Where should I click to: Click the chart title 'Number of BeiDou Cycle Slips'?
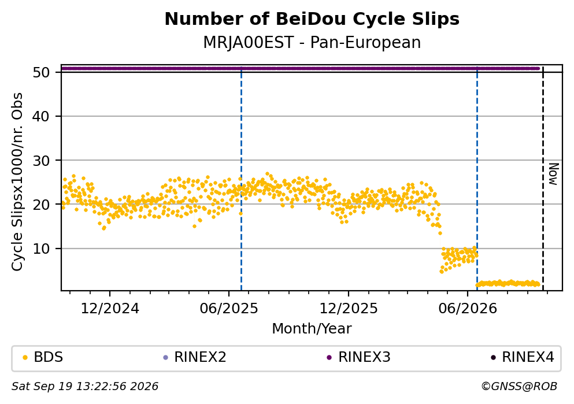pos(312,19)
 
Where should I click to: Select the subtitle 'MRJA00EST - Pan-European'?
pos(312,42)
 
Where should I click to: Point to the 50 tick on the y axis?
pos(41,72)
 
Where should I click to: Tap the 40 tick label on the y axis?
pos(41,116)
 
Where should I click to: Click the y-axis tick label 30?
pos(41,160)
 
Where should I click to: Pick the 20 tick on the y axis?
pos(41,204)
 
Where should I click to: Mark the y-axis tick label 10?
pos(41,249)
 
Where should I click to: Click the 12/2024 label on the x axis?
pos(110,309)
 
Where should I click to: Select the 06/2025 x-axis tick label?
pos(229,309)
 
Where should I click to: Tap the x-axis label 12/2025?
pos(349,309)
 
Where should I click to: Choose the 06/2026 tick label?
pos(468,309)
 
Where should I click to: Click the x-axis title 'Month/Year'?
pos(312,329)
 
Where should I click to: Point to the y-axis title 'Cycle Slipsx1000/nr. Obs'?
pos(17,182)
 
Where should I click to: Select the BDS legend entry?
pos(43,357)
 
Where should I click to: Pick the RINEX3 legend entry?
pos(359,357)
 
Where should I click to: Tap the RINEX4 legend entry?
pos(523,357)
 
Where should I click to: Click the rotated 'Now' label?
pos(554,174)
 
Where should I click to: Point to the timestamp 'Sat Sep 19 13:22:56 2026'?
pos(85,387)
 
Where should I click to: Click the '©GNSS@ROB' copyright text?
pos(519,387)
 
